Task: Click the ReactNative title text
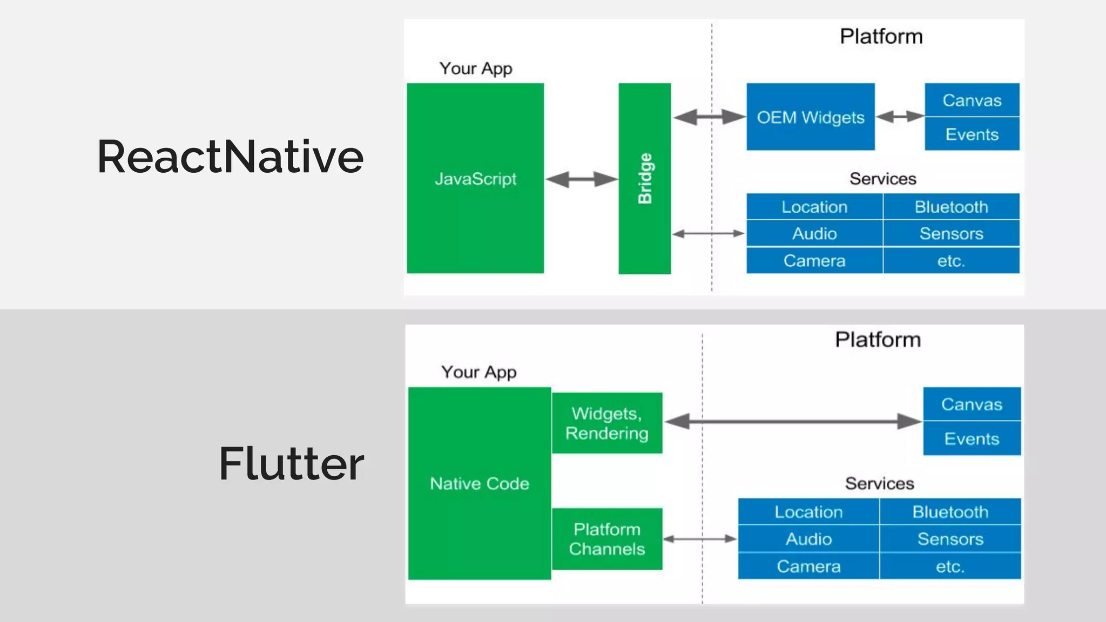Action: click(x=230, y=157)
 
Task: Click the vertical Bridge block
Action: click(x=644, y=178)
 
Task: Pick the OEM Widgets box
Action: click(x=810, y=117)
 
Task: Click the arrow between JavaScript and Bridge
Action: click(x=581, y=179)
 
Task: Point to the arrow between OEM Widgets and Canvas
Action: click(x=900, y=116)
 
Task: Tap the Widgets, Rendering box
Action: click(x=607, y=423)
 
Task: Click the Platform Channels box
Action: click(x=607, y=539)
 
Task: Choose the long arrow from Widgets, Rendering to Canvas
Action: click(x=793, y=421)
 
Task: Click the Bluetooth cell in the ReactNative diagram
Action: click(x=951, y=207)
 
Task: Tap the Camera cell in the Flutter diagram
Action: click(x=808, y=566)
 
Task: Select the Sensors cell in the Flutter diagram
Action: click(x=950, y=539)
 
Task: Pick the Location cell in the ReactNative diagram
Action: click(x=814, y=207)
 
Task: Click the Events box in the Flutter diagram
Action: click(x=972, y=438)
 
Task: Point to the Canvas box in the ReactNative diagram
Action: click(x=972, y=100)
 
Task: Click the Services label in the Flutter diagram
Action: click(x=879, y=483)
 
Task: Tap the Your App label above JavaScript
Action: click(x=475, y=69)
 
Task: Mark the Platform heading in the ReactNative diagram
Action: click(x=881, y=37)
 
